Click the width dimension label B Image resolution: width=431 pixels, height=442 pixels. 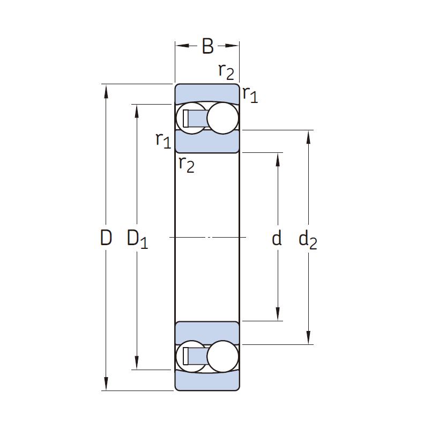(x=208, y=46)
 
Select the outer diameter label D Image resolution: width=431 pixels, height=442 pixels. (x=106, y=237)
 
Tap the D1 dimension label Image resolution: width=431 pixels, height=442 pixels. (x=137, y=239)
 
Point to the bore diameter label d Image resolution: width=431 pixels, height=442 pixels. (x=277, y=237)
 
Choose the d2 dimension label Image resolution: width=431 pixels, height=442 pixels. (x=308, y=239)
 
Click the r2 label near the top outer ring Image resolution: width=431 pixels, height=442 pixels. (x=226, y=71)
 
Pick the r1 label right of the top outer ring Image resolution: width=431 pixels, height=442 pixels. (x=250, y=94)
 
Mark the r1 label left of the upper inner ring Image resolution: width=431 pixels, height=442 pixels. (x=164, y=140)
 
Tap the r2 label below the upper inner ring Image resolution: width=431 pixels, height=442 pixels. (x=187, y=165)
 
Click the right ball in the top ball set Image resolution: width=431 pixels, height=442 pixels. (x=222, y=118)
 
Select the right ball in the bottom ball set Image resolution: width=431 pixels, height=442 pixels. (x=222, y=356)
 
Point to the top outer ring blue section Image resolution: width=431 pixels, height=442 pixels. (x=207, y=93)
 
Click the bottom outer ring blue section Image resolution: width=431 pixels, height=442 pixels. (x=207, y=380)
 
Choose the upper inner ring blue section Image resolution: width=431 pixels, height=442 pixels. (x=207, y=142)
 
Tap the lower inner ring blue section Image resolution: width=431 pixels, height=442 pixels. (x=207, y=333)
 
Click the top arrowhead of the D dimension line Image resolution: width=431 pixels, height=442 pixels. (x=106, y=91)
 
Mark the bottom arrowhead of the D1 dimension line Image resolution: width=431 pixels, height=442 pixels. (x=137, y=363)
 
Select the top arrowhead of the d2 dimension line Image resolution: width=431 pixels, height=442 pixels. (x=308, y=137)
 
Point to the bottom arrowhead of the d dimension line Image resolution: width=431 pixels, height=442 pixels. (x=278, y=314)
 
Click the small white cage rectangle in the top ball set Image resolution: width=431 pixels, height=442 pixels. (x=185, y=119)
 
